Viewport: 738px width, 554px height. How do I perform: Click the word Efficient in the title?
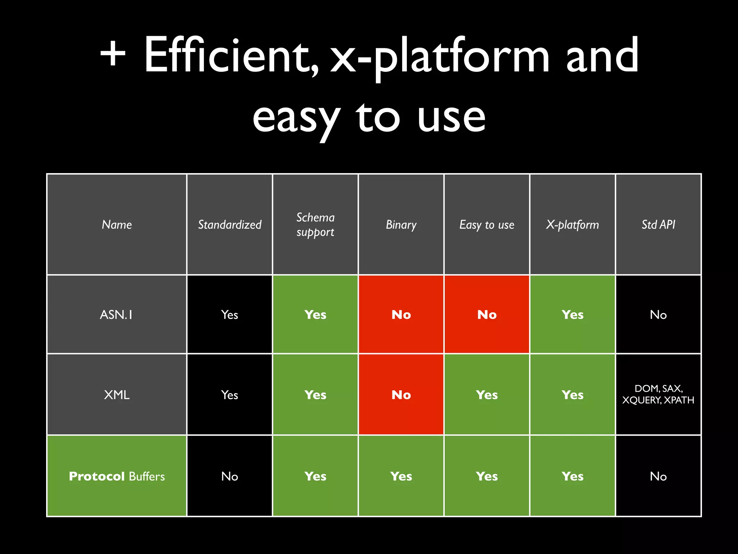(231, 56)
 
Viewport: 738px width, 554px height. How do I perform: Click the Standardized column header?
(230, 225)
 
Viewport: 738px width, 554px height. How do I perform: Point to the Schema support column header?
(315, 225)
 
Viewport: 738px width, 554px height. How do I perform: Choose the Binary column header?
(401, 225)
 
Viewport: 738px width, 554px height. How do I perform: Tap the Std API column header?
(658, 225)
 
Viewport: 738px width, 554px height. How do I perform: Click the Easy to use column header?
(487, 225)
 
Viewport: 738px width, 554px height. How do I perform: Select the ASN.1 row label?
(116, 315)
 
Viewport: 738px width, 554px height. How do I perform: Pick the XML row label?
(116, 395)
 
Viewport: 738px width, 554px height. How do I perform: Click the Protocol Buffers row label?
(116, 476)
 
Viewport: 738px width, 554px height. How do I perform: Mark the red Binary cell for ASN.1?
(401, 315)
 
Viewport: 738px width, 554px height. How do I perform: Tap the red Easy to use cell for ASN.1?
(487, 315)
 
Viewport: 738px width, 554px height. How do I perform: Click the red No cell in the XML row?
(401, 395)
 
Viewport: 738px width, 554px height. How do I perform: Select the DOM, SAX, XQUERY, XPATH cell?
(658, 394)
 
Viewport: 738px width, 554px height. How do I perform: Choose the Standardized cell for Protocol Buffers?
(230, 476)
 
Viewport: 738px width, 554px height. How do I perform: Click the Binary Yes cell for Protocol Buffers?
(401, 476)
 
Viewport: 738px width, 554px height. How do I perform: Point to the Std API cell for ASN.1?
(658, 315)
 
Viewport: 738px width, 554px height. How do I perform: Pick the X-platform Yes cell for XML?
(572, 395)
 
